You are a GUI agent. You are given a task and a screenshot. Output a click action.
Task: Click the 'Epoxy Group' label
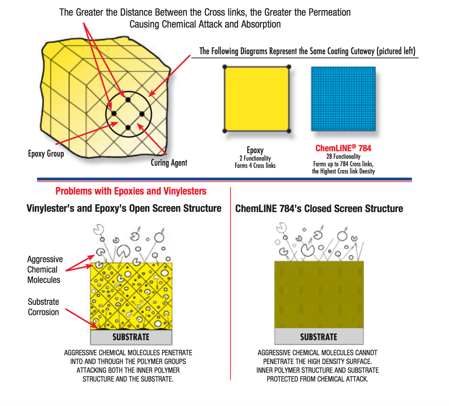click(46, 154)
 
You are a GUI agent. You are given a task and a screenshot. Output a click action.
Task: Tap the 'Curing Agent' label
click(169, 163)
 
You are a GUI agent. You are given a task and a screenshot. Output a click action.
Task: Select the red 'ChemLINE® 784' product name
click(343, 148)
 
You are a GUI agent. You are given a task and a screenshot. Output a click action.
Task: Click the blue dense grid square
click(343, 99)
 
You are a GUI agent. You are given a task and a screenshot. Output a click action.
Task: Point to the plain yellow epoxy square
click(257, 99)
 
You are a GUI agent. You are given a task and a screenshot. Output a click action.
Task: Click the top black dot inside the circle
click(128, 100)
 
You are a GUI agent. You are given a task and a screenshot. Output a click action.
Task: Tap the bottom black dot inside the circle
click(128, 128)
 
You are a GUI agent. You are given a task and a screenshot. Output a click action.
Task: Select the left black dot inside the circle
click(114, 114)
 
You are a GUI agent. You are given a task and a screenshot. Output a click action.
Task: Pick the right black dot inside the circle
click(142, 114)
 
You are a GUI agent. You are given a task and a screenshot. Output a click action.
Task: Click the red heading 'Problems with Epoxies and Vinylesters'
click(131, 191)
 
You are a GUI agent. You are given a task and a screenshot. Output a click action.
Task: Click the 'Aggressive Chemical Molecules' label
click(45, 269)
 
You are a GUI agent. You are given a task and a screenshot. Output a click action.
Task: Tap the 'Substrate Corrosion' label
click(43, 307)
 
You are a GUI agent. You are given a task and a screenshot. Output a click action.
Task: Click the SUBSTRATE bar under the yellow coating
click(131, 337)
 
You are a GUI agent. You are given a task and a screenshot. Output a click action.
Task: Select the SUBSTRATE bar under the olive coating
click(319, 336)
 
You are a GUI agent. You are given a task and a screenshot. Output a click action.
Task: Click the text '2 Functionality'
click(255, 159)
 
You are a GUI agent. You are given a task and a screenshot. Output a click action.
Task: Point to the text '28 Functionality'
click(343, 156)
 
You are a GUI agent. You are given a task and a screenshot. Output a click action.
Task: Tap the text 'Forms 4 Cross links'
click(255, 165)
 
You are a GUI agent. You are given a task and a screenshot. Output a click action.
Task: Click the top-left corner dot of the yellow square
click(225, 67)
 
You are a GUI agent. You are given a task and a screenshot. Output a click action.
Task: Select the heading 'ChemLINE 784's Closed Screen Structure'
click(319, 208)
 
